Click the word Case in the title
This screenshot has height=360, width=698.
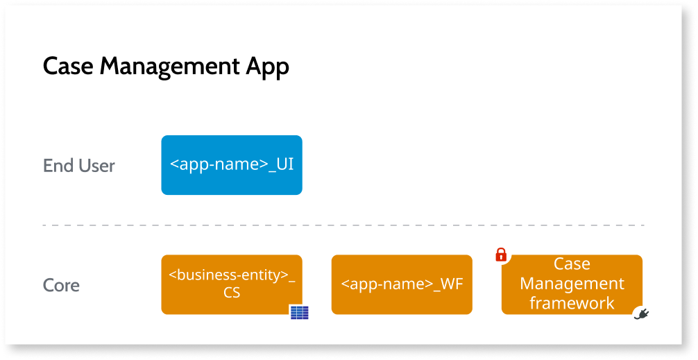(68, 67)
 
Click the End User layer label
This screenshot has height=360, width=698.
(78, 166)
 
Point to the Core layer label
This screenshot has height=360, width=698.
(61, 285)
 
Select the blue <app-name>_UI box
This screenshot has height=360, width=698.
(232, 165)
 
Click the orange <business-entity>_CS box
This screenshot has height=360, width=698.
(232, 284)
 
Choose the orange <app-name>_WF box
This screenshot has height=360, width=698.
(402, 284)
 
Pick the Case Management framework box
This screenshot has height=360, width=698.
(572, 284)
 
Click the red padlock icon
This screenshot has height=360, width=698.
(501, 255)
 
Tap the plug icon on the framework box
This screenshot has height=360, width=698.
(641, 314)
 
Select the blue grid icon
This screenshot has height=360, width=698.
(299, 313)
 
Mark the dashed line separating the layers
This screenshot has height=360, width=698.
(343, 225)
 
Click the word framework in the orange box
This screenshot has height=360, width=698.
(572, 303)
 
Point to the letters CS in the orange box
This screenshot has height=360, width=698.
(232, 293)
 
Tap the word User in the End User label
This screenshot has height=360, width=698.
(97, 166)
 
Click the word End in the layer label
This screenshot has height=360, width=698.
(58, 166)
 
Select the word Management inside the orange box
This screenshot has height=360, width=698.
(572, 284)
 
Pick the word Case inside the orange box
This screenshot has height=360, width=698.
(572, 264)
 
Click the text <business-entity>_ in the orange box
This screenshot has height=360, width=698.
(232, 275)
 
